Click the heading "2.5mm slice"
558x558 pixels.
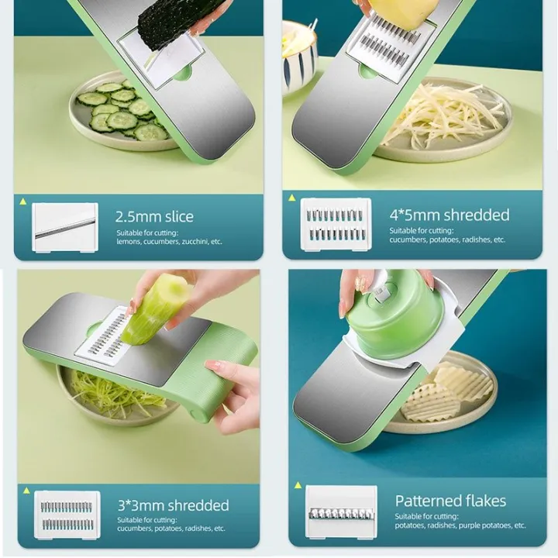(154, 216)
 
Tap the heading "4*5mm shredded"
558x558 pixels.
(449, 215)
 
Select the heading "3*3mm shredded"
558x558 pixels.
(173, 505)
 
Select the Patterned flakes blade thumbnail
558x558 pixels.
(340, 512)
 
